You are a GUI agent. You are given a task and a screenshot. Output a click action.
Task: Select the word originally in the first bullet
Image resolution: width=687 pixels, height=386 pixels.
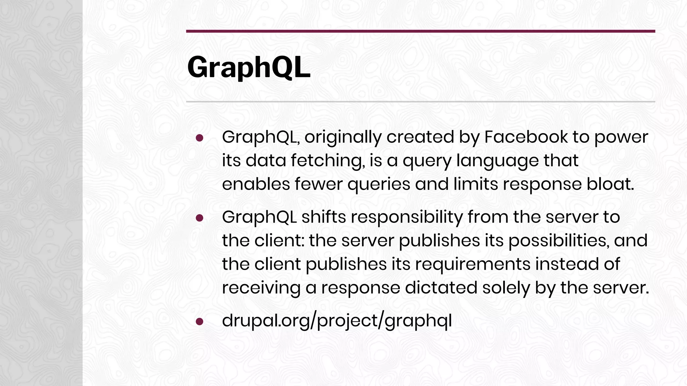coord(343,137)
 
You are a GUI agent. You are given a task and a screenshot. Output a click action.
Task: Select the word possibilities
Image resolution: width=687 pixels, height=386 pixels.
coord(559,240)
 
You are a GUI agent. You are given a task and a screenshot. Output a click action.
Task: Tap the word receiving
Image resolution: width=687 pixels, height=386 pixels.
coord(261,287)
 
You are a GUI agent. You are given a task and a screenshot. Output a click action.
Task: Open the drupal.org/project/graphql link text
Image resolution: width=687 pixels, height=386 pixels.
coord(337,321)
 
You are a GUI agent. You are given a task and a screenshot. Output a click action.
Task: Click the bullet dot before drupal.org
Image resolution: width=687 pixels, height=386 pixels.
coord(200,321)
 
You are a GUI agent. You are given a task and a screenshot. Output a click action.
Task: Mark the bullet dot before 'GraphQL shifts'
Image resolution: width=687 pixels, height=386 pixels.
coord(200,218)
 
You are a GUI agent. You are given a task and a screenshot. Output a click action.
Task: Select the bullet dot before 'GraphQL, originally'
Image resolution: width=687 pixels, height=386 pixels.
coord(200,138)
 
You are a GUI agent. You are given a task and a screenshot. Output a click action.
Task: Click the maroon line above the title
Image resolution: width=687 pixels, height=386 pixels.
coord(420,31)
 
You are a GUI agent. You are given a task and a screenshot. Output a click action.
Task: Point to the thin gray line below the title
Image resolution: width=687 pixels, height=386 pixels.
coord(420,102)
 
